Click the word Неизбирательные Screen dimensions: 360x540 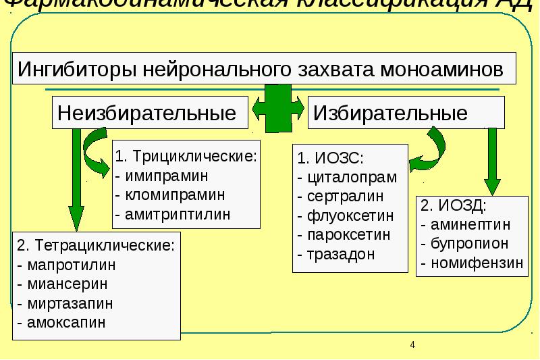tap(147, 112)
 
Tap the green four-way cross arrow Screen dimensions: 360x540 tap(277, 108)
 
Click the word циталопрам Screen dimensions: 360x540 tap(351, 178)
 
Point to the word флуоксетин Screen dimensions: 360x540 tap(349, 217)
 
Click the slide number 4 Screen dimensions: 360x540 tap(412, 345)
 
